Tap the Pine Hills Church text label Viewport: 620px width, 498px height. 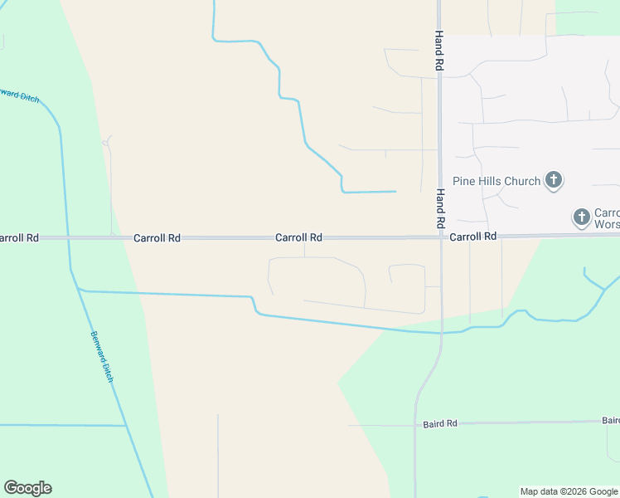[496, 180]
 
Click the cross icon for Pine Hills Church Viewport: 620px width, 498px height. [554, 180]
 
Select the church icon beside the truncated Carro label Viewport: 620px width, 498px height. [582, 217]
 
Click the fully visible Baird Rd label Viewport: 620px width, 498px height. [440, 423]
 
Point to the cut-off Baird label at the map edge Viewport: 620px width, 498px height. [611, 420]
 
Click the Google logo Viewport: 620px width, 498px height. [27, 488]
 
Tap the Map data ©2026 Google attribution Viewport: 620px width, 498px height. [569, 491]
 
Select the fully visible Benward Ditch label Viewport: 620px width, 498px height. [100, 356]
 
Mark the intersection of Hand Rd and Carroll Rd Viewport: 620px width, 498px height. [440, 237]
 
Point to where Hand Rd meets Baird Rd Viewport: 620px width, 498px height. [415, 424]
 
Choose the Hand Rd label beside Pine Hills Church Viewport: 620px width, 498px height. [441, 208]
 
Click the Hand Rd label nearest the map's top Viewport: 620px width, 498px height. [439, 51]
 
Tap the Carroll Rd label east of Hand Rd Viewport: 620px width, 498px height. [473, 237]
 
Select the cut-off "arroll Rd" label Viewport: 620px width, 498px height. [19, 237]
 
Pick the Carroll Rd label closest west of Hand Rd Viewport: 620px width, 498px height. [298, 237]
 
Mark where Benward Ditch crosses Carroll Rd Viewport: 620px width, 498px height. [67, 238]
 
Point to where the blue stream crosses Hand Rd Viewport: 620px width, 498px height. [440, 333]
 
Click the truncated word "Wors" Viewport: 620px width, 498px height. [608, 225]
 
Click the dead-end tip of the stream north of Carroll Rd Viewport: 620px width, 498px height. [395, 192]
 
